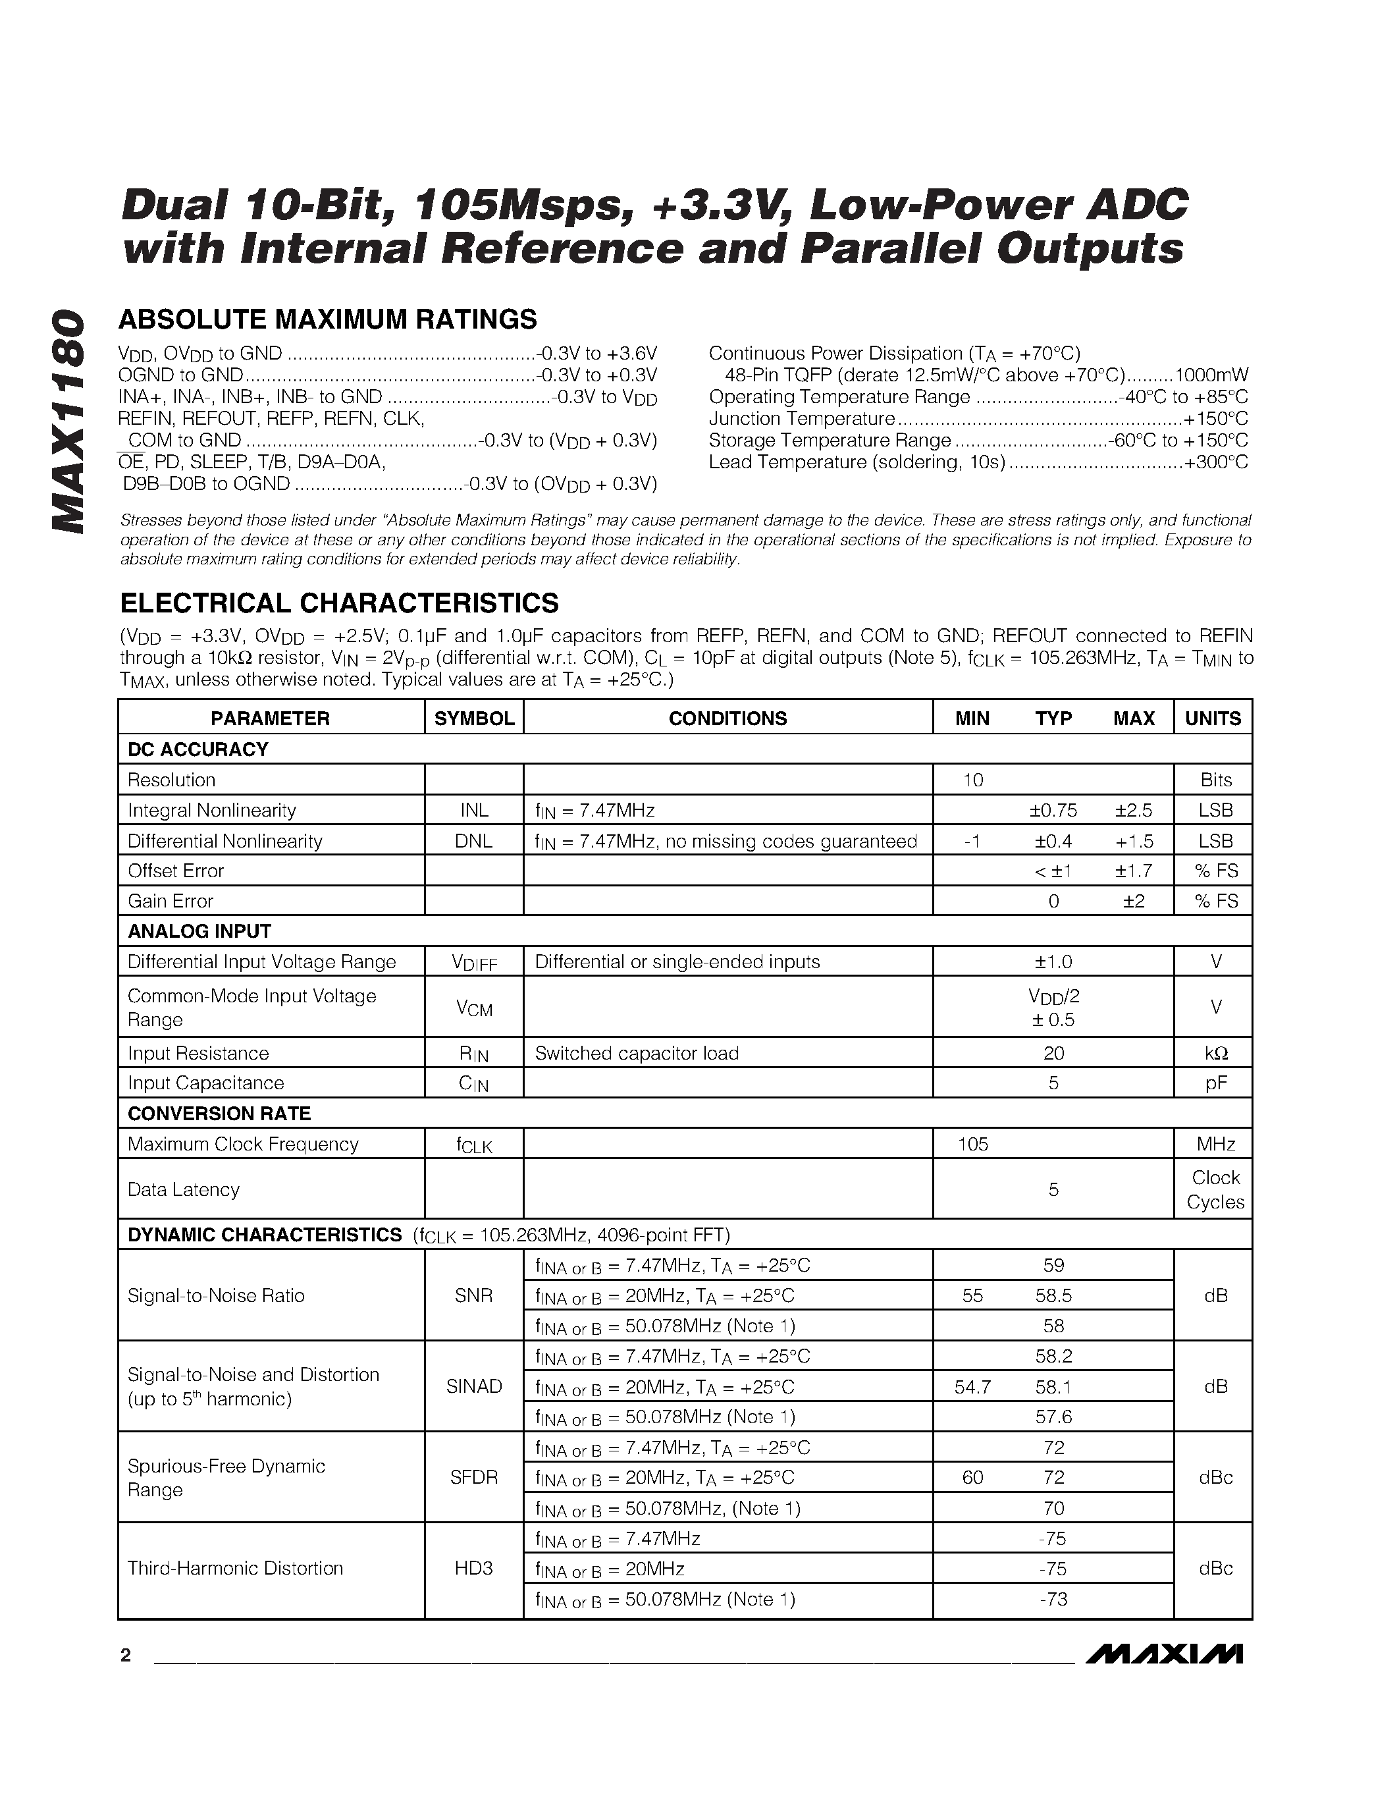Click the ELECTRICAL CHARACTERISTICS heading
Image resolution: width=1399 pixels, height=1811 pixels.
point(339,603)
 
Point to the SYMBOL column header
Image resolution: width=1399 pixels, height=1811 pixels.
point(474,718)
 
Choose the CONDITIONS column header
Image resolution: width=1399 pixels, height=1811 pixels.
point(727,718)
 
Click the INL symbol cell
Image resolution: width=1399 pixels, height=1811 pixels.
point(474,810)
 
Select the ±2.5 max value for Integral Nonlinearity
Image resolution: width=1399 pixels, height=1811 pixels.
point(1133,810)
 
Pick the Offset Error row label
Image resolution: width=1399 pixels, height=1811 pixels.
point(176,871)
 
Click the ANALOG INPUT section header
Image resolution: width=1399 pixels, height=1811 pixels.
point(199,931)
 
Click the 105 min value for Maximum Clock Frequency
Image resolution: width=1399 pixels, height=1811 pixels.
point(973,1145)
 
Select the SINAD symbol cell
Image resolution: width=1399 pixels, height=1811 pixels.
point(474,1386)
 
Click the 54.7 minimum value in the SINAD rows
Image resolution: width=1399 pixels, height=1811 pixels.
point(973,1386)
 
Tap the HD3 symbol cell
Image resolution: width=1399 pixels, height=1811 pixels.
point(474,1568)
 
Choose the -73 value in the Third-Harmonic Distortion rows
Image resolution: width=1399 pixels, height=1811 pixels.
point(1053,1599)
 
